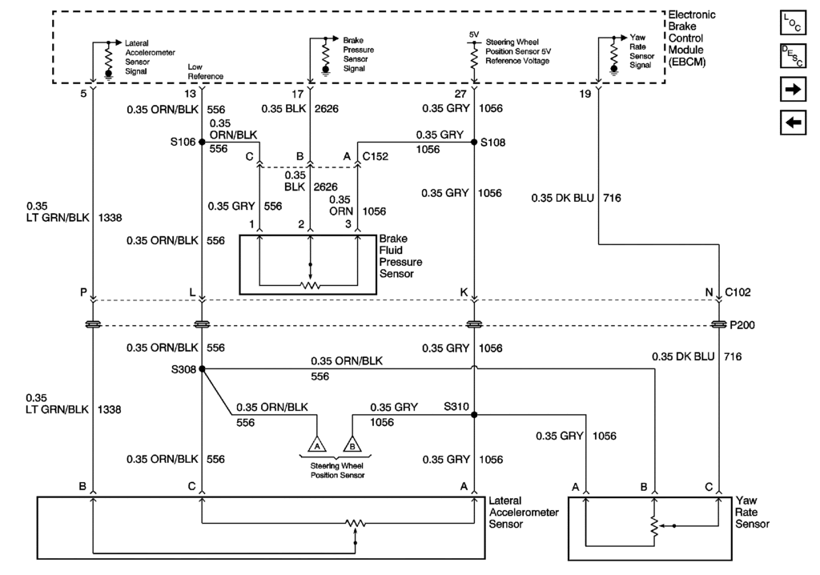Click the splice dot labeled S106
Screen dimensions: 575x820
[201, 142]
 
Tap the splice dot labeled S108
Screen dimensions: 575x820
[474, 142]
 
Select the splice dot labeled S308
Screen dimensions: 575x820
[201, 369]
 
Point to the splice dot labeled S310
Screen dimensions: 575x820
[474, 415]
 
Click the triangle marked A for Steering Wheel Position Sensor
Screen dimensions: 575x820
[318, 445]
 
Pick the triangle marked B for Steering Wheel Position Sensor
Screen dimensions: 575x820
[352, 445]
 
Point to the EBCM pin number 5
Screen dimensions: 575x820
[83, 94]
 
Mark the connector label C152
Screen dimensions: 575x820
[375, 156]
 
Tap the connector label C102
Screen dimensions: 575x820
[738, 293]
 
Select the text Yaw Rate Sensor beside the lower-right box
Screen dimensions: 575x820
[752, 512]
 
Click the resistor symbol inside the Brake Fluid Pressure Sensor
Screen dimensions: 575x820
[310, 284]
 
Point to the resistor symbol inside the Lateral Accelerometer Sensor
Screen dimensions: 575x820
[355, 524]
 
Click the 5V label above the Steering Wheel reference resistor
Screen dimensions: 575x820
[473, 34]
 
